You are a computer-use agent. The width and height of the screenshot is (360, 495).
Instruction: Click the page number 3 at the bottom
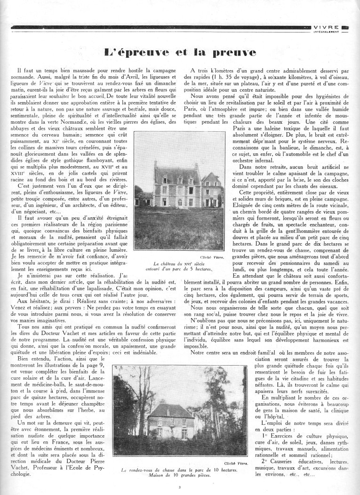tap(180, 487)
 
